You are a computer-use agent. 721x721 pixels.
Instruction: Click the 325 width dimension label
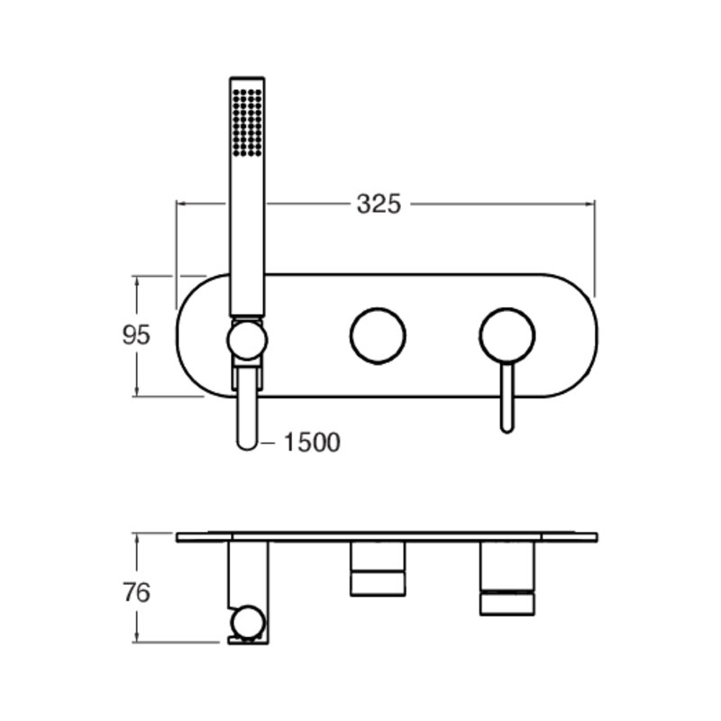coord(379,204)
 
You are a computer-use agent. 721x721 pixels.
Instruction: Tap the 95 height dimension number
coord(136,334)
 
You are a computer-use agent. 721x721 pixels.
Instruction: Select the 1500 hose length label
coord(312,443)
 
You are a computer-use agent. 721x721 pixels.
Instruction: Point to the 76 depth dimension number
coord(136,592)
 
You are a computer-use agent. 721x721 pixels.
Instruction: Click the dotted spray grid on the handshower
coord(247,123)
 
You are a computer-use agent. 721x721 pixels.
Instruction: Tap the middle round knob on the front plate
coord(378,335)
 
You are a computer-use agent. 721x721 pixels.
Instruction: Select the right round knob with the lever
coord(507,335)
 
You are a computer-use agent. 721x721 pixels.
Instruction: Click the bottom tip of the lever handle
coord(507,432)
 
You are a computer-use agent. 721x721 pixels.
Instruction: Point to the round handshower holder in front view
coord(247,341)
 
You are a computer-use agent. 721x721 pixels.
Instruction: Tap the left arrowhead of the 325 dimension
coord(181,204)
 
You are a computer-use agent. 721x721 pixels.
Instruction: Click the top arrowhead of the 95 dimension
coord(137,281)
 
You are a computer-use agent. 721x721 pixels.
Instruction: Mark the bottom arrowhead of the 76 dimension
coord(137,638)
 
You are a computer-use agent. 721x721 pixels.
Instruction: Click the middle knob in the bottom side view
coord(378,569)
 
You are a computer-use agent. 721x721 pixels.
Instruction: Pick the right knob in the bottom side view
coord(507,579)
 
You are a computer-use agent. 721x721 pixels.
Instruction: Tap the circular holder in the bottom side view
coord(248,622)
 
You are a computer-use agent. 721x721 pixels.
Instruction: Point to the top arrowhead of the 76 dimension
coord(137,538)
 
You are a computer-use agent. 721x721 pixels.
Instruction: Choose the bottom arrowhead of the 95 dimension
coord(137,391)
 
